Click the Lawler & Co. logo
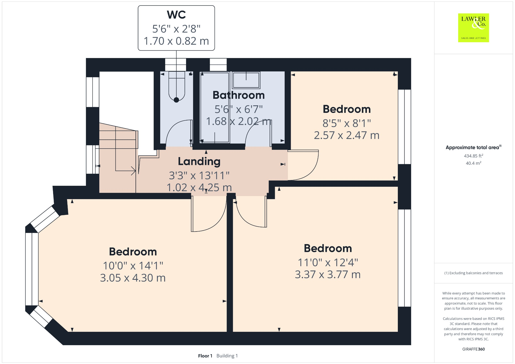click(x=473, y=28)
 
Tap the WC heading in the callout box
click(x=176, y=15)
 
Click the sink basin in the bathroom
click(x=246, y=80)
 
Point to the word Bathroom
click(x=239, y=95)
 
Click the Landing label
click(x=199, y=161)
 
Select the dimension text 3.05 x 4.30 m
click(x=133, y=278)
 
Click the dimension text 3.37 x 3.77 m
click(x=328, y=275)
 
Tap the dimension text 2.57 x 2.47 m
click(x=347, y=135)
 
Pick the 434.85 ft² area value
click(x=474, y=156)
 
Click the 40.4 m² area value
click(x=474, y=163)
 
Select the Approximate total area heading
click(x=474, y=148)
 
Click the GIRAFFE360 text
click(x=474, y=349)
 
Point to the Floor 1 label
click(x=205, y=356)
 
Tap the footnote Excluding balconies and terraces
click(x=474, y=273)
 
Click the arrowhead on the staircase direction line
click(x=134, y=171)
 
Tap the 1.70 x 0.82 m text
click(x=176, y=41)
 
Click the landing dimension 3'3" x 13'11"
click(x=199, y=175)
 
